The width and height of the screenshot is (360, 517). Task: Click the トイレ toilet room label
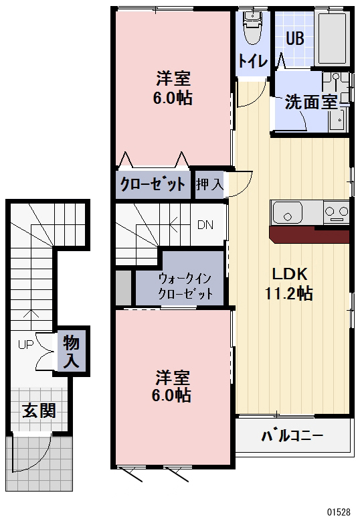[x=252, y=61]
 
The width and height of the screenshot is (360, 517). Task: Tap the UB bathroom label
[x=294, y=38]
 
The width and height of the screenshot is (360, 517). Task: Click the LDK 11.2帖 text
[x=289, y=283]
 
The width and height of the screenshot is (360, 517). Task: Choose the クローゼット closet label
[x=153, y=184]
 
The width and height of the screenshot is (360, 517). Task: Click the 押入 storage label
[x=209, y=183]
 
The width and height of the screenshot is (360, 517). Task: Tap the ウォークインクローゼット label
[x=185, y=286]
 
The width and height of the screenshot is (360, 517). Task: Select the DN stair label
[x=205, y=224]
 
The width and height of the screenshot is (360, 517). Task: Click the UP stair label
[x=25, y=345]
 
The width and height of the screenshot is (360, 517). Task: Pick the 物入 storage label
[x=72, y=352]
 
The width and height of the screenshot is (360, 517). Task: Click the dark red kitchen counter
[x=308, y=235]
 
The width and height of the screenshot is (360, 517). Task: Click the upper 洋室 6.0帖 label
[x=174, y=88]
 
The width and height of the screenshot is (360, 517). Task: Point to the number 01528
[x=339, y=511]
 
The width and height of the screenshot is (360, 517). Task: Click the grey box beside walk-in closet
[x=123, y=287]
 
